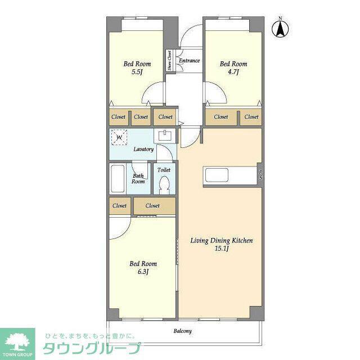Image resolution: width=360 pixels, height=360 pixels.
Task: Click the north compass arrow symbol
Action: coord(280,29)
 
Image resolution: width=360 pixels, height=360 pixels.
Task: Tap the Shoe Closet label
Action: coord(170,60)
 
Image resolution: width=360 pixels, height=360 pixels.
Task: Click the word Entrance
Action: coord(189,61)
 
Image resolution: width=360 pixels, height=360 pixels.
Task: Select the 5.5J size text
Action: coord(137,72)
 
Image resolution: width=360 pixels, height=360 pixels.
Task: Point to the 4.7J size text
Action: coord(233,72)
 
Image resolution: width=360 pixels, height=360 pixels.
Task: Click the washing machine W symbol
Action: coord(119,137)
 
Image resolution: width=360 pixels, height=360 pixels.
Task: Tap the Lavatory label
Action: coord(143,149)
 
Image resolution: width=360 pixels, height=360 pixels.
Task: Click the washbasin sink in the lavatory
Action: coord(165,136)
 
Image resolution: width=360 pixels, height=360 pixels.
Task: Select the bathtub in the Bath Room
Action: coord(118,179)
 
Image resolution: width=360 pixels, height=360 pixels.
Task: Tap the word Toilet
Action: coord(164,170)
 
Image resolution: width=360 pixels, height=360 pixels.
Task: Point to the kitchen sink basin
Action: coord(217,175)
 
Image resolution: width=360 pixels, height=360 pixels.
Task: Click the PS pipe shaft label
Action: coord(261,175)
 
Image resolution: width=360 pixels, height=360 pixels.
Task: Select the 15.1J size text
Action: coord(222,249)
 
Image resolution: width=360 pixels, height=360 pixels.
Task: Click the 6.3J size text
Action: coord(143,272)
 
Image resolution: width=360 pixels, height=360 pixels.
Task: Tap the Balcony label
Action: coord(182,331)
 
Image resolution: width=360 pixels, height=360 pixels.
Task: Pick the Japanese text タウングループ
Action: coord(92,348)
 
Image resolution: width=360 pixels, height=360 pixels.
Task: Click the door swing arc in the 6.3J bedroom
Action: coord(124,233)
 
